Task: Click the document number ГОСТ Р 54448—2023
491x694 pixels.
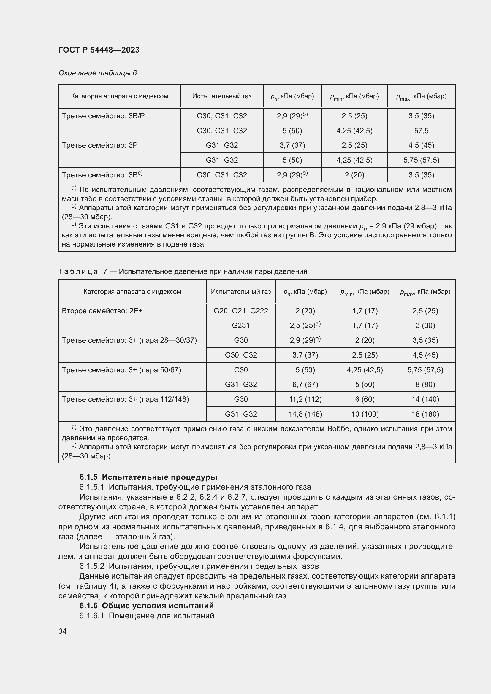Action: click(99, 50)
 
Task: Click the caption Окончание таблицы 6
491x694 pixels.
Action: click(98, 73)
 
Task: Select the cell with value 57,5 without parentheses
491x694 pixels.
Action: click(421, 131)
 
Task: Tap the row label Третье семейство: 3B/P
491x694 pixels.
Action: click(103, 116)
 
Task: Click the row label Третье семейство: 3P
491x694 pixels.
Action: click(99, 145)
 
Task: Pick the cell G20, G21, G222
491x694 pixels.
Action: click(241, 311)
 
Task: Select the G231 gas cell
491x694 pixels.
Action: click(241, 325)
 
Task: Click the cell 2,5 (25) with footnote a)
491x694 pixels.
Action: click(305, 325)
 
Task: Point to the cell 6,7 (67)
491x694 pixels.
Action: click(305, 384)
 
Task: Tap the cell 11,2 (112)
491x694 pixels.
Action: click(305, 399)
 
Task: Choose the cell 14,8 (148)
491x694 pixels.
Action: click(305, 414)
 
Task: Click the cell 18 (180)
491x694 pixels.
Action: click(425, 414)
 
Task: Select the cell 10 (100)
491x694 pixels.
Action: click(365, 414)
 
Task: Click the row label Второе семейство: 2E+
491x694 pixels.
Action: click(102, 311)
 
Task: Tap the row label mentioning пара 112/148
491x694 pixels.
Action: click(125, 399)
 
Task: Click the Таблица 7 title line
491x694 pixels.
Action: click(183, 271)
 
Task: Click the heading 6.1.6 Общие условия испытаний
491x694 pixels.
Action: click(146, 606)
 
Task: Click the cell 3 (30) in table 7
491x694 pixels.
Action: click(425, 325)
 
